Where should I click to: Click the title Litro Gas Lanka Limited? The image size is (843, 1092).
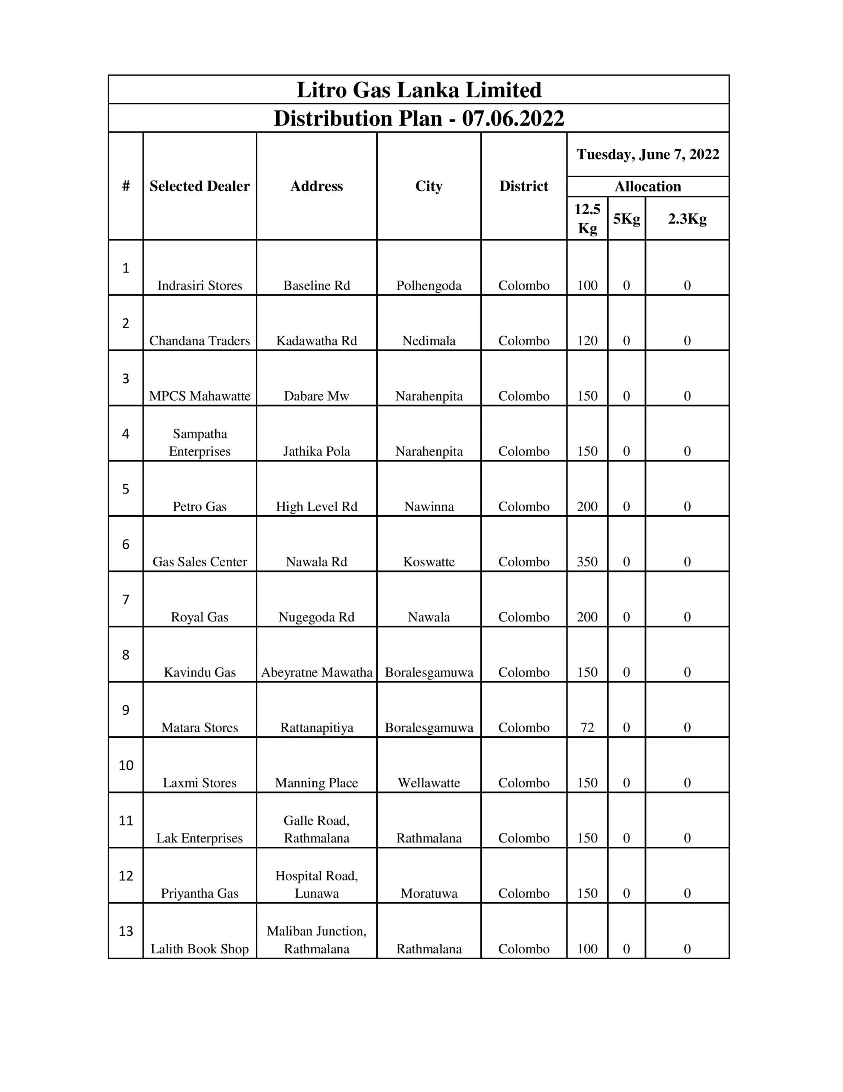[x=419, y=90]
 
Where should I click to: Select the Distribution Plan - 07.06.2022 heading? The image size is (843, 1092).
[x=419, y=119]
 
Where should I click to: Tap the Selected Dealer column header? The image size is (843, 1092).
[x=199, y=186]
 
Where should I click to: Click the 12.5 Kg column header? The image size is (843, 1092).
[x=587, y=218]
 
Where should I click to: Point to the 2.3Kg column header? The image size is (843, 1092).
[x=687, y=218]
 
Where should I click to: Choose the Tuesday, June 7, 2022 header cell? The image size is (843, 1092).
[x=648, y=154]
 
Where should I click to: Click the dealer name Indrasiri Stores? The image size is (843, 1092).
[x=199, y=285]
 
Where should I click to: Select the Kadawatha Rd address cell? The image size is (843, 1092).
[x=316, y=340]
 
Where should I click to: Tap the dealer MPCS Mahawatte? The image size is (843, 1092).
[x=199, y=396]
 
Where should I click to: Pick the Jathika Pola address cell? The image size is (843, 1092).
[x=316, y=451]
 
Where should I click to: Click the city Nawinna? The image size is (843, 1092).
[x=429, y=506]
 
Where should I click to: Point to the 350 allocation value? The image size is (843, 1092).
[x=587, y=561]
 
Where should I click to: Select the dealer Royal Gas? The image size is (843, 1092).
[x=199, y=617]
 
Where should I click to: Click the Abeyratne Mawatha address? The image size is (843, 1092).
[x=316, y=672]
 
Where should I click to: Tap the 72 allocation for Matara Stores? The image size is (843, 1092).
[x=587, y=727]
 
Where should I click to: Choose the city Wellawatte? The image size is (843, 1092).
[x=429, y=782]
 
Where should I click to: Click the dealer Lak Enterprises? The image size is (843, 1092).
[x=199, y=838]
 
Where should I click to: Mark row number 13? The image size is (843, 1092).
[x=126, y=931]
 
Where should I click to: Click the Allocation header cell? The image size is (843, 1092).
[x=648, y=186]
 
